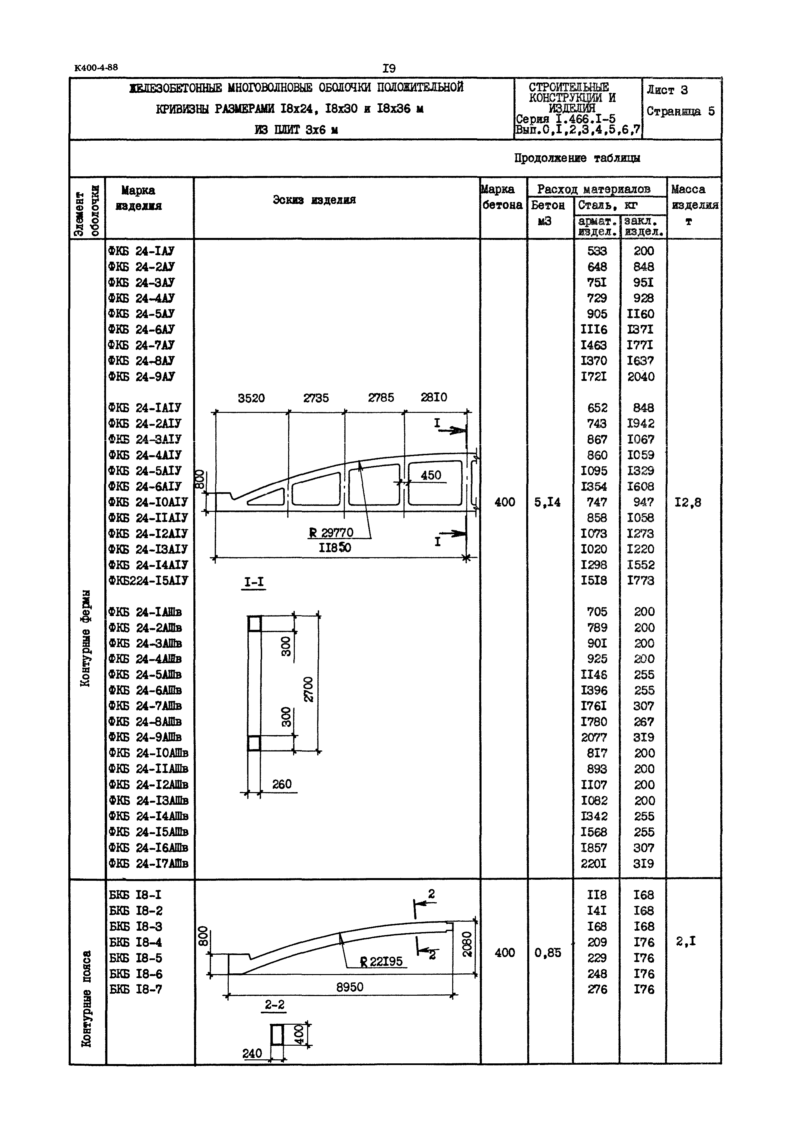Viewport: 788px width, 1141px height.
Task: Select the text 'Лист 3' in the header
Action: coord(667,90)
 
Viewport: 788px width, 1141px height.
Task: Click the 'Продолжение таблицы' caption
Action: coord(577,158)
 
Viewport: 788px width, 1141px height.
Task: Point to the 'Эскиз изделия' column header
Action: coord(314,200)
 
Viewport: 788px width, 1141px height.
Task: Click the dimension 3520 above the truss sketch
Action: coord(251,398)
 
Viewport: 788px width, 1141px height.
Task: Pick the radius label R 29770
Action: coord(331,533)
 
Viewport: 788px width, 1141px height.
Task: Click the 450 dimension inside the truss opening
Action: coord(431,475)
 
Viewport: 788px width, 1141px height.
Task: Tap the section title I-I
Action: coord(254,582)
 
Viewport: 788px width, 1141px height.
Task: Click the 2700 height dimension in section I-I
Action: coord(308,689)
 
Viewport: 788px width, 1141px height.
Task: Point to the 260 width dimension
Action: coord(282,784)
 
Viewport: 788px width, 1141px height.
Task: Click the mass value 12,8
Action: coord(688,503)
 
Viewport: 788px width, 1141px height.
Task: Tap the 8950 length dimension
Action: coord(349,987)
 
